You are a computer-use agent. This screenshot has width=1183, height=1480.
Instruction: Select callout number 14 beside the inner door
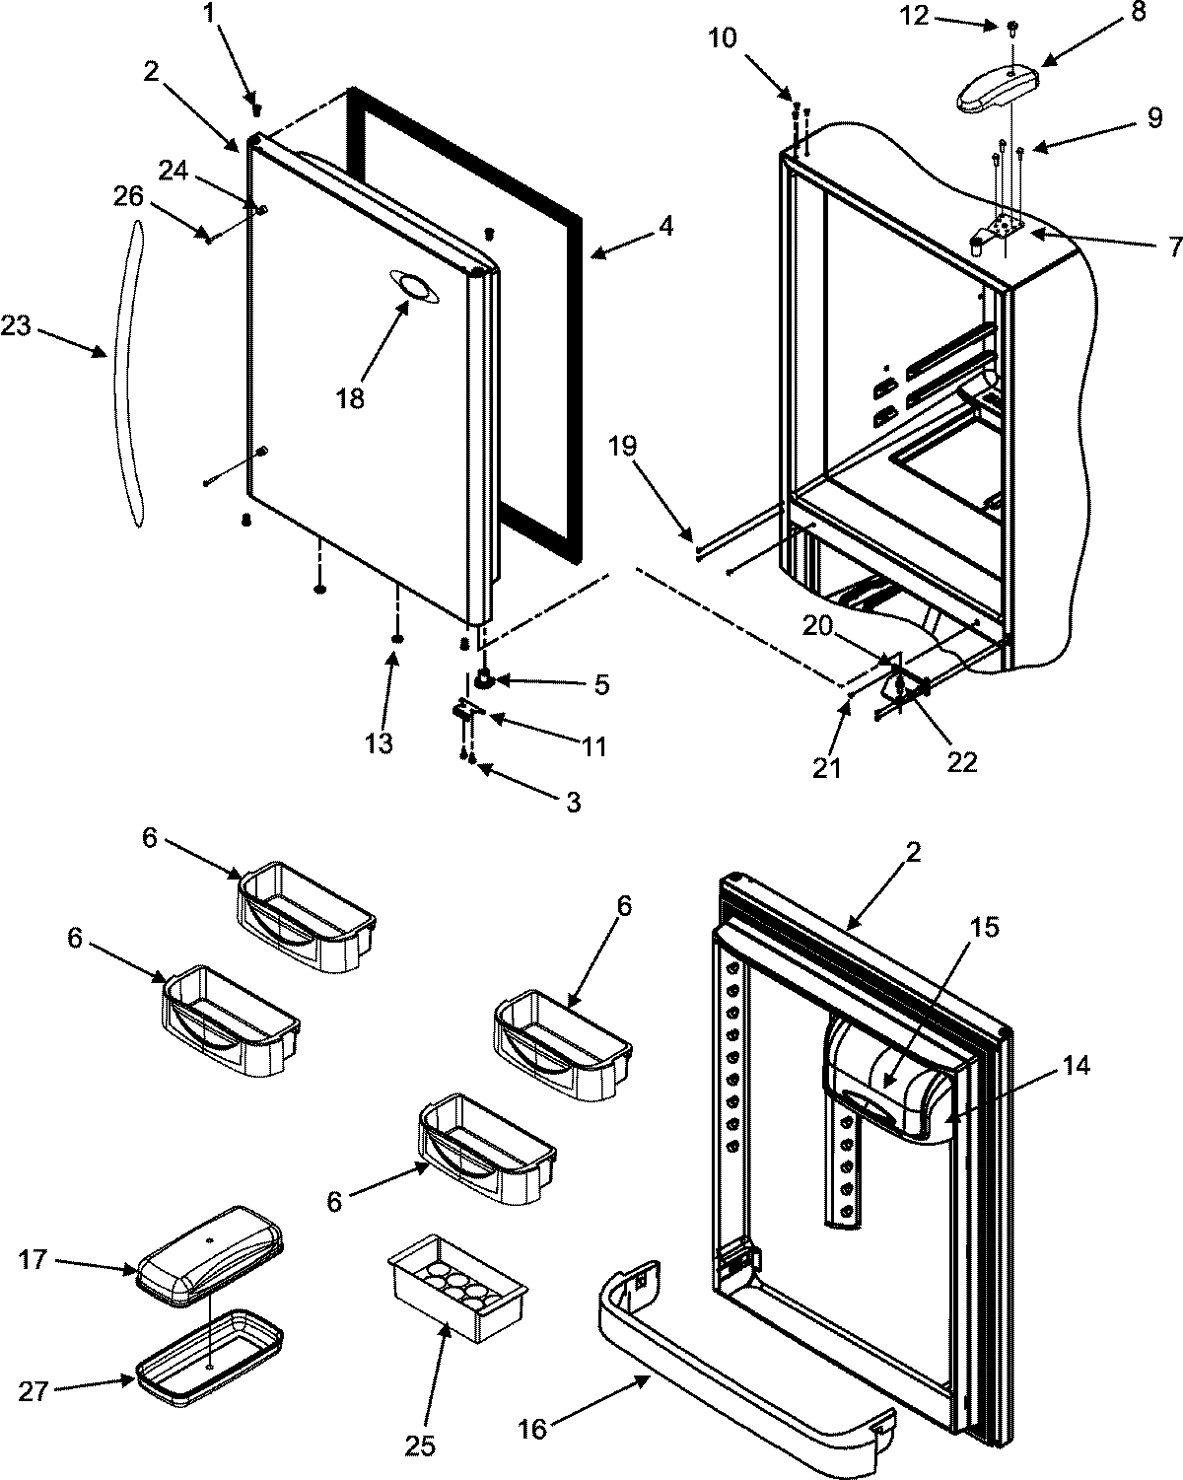[x=1077, y=1066]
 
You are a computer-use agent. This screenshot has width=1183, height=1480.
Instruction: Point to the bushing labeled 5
[x=484, y=678]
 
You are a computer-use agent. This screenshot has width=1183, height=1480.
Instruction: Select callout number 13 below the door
[x=378, y=742]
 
